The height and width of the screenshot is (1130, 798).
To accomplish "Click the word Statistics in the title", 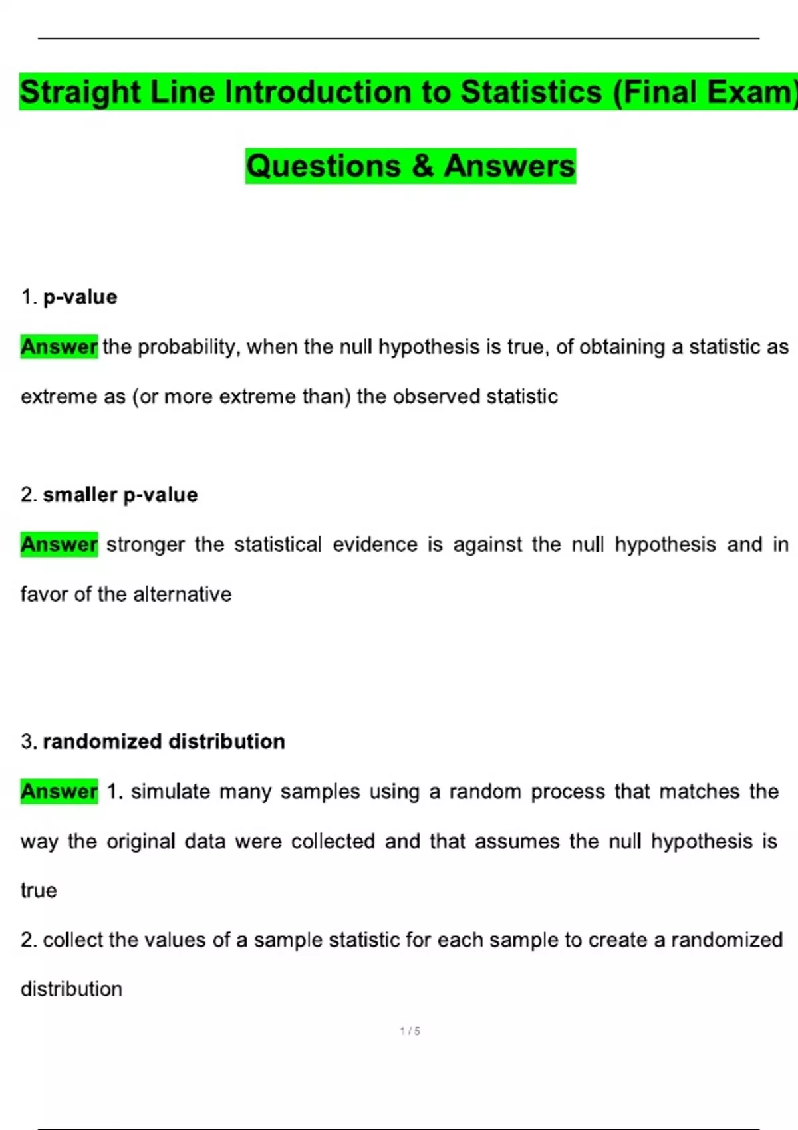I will pyautogui.click(x=531, y=92).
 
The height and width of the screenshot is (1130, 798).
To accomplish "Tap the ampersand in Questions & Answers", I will pyautogui.click(x=422, y=166).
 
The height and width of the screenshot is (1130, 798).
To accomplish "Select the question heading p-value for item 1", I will pyautogui.click(x=80, y=297).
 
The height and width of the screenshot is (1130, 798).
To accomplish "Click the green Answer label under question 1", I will pyautogui.click(x=59, y=346).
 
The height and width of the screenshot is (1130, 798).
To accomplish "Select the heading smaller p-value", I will pyautogui.click(x=120, y=495).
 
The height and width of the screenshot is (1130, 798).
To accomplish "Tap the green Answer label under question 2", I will pyautogui.click(x=59, y=544).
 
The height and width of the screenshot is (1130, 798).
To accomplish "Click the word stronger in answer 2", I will pyautogui.click(x=145, y=544).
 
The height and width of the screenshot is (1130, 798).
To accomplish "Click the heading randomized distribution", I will pyautogui.click(x=164, y=741).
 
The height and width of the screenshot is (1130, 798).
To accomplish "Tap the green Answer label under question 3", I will pyautogui.click(x=59, y=791).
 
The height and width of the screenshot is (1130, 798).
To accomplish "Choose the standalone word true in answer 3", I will pyautogui.click(x=39, y=891).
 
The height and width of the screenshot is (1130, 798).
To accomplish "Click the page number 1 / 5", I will pyautogui.click(x=410, y=1031).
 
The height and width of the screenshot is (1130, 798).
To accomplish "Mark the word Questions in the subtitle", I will pyautogui.click(x=323, y=166).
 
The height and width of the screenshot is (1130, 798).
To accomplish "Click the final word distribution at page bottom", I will pyautogui.click(x=71, y=989).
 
